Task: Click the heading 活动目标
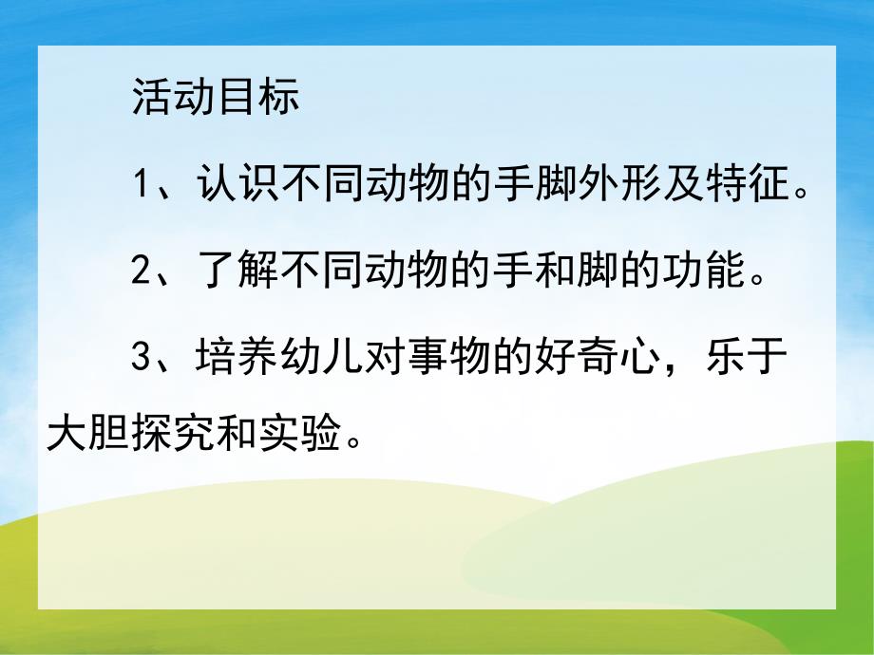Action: coord(216,98)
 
